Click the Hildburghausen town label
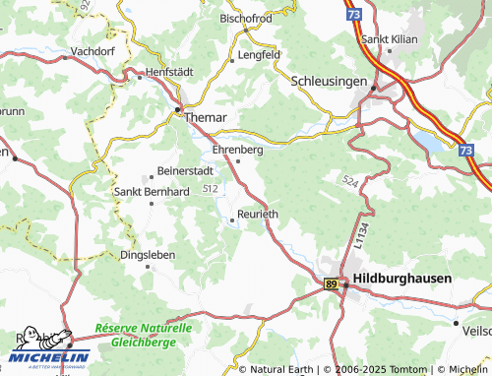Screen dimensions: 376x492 pos(402,279)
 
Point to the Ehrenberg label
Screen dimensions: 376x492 pos(238,150)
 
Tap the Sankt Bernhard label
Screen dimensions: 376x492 pos(152,191)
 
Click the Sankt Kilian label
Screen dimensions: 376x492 pos(391,39)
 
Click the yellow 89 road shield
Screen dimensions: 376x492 pos(332,283)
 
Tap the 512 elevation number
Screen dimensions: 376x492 pos(210,187)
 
